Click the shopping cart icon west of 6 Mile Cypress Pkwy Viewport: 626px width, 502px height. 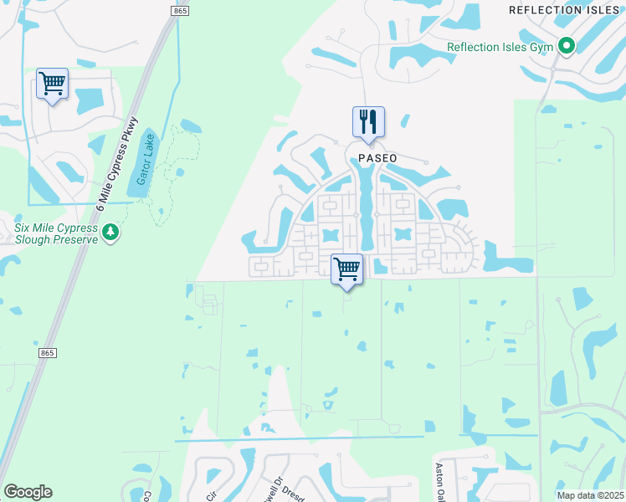(52, 85)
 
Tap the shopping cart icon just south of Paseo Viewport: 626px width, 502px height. (346, 269)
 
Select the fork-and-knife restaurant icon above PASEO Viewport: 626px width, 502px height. (368, 122)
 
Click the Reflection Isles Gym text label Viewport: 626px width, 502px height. (500, 47)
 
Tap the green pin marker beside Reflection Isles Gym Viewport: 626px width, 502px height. (567, 46)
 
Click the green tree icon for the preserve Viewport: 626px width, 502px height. (110, 232)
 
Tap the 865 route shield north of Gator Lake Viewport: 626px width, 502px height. (180, 9)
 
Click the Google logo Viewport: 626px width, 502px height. (28, 492)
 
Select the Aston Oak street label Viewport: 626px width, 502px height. (439, 482)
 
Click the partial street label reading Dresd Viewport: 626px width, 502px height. (287, 491)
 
